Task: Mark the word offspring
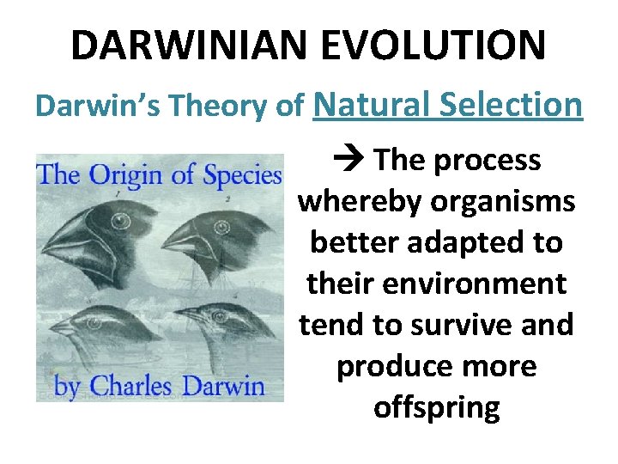[436, 407]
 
